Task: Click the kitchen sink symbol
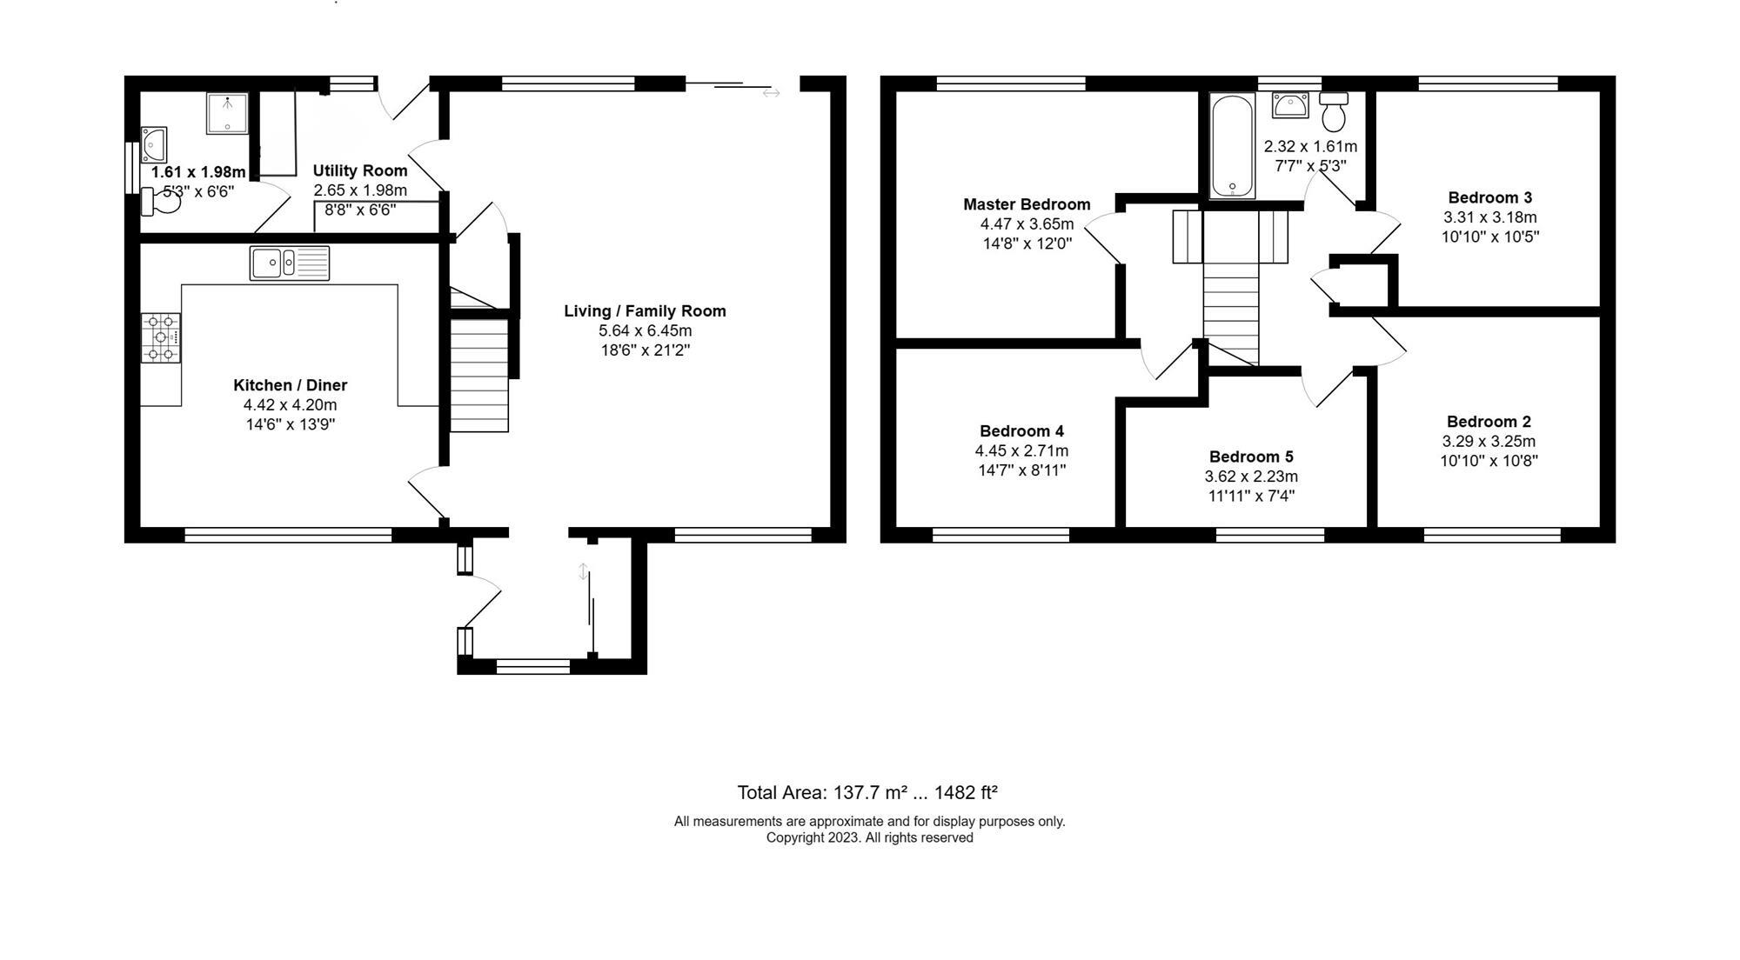290,263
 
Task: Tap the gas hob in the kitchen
161,337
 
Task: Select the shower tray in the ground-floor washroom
227,113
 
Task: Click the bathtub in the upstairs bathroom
1232,146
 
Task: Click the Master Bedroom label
1027,204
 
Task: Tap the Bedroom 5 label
1251,457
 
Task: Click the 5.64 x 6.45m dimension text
645,330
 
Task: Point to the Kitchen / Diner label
290,385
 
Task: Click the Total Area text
867,792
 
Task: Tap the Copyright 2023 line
869,837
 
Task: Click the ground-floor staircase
478,374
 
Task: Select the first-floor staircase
1230,313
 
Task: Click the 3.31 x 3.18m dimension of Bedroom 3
1489,217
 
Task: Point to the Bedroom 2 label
1489,422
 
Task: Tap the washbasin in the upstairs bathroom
1289,105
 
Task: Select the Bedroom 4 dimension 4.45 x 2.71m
1021,450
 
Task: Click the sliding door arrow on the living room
771,93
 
